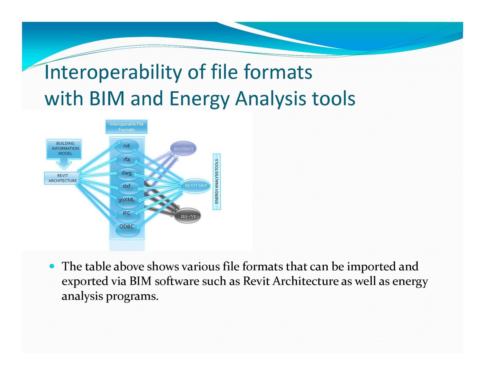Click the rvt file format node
126,146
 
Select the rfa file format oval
126,159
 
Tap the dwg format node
126,173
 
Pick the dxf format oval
126,186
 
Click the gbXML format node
126,200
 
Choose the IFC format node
126,213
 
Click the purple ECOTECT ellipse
183,149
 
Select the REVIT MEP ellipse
196,186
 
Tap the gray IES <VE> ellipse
187,216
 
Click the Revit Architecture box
62,178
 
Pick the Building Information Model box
64,149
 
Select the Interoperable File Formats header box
126,127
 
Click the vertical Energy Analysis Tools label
216,181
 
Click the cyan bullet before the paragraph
52,266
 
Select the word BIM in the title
107,99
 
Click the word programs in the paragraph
132,297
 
